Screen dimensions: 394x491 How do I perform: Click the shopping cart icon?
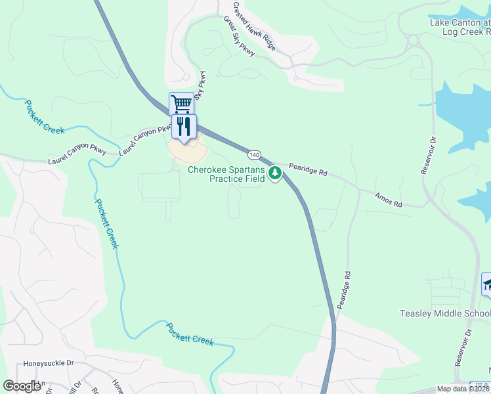[181, 103]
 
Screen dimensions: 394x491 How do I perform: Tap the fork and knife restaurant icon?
[184, 125]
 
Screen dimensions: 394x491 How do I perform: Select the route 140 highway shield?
[255, 155]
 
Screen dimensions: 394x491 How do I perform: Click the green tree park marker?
[276, 173]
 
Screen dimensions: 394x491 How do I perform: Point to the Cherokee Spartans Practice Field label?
[226, 173]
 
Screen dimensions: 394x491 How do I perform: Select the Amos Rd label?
[388, 200]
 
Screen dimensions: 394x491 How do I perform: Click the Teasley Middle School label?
[444, 313]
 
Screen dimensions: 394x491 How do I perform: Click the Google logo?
[22, 386]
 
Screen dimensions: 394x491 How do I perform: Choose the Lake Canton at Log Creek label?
[459, 26]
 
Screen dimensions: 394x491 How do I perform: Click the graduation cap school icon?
[487, 284]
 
